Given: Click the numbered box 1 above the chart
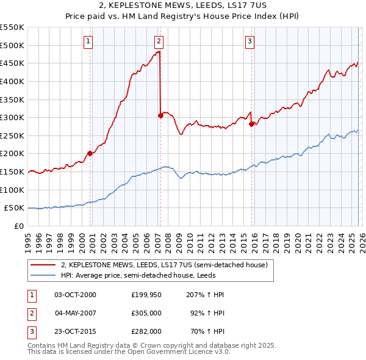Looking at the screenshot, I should [88, 41].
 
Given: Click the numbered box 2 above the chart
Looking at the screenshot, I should [159, 41].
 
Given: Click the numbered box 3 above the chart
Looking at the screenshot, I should [250, 41].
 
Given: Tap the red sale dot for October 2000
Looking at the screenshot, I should [90, 153].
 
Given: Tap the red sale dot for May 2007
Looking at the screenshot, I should [160, 115].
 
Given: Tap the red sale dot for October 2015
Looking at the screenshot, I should [251, 124].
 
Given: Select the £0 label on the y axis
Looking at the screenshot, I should [18, 226].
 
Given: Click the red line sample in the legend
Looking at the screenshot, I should [44, 265].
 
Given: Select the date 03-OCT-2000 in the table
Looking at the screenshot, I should [75, 295].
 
